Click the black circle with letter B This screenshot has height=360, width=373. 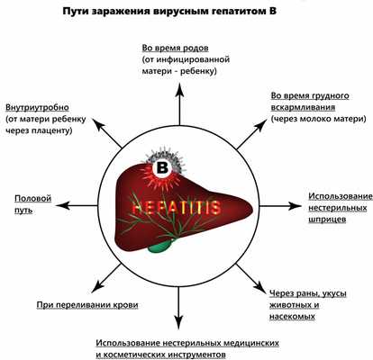coord(161,167)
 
